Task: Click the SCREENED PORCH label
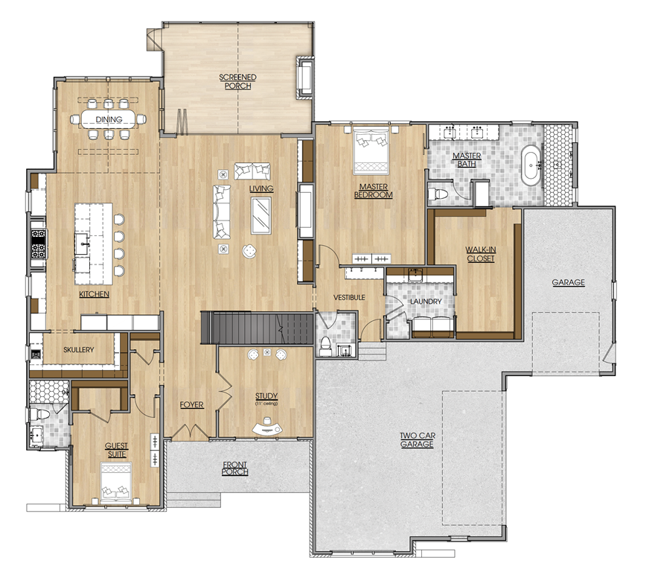[x=237, y=81]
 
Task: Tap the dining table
[x=109, y=119]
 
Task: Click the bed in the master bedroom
[x=371, y=151]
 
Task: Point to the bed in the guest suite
[x=117, y=482]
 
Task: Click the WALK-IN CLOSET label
[x=480, y=254]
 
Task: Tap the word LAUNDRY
[x=426, y=302]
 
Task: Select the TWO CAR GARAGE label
[x=417, y=440]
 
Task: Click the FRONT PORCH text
[x=234, y=468]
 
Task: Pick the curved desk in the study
[x=267, y=428]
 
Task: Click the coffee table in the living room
[x=261, y=216]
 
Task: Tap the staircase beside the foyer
[x=257, y=328]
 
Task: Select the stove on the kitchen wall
[x=39, y=244]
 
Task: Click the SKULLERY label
[x=79, y=349]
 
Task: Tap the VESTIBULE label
[x=349, y=297]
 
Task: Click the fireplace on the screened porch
[x=304, y=77]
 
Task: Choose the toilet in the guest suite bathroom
[x=39, y=414]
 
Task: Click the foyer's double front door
[x=190, y=431]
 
